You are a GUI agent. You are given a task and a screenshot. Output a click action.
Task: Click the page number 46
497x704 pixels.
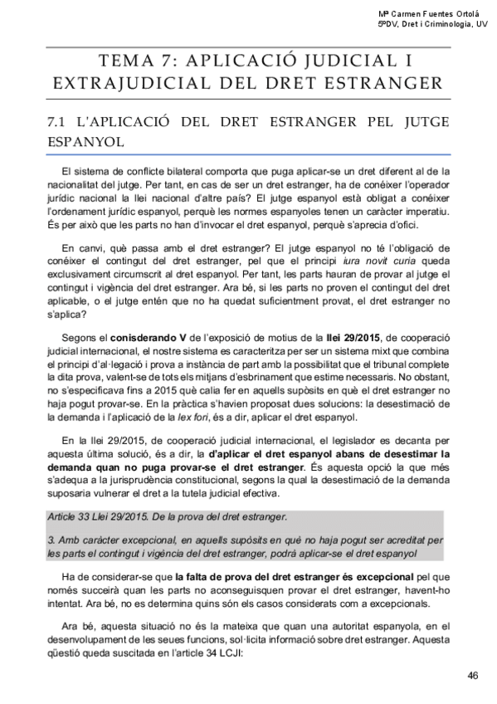tap(473, 674)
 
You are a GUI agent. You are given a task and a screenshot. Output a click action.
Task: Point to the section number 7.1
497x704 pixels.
tap(59, 122)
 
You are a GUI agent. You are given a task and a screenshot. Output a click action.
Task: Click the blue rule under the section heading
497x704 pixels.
tap(248, 154)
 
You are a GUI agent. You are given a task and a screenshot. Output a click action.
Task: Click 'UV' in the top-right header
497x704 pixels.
tap(480, 25)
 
